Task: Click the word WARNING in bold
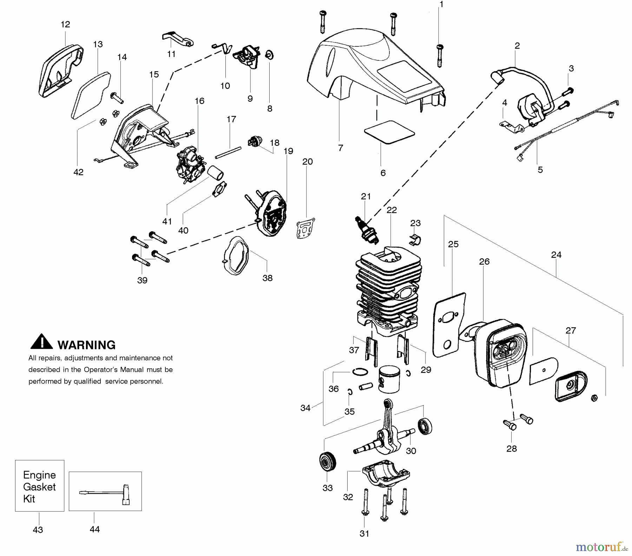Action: (x=86, y=345)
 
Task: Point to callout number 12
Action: (x=65, y=24)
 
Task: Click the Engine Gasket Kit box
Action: (x=40, y=486)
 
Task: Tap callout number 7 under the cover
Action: (x=340, y=148)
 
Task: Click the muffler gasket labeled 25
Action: (x=449, y=325)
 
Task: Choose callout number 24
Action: (x=556, y=254)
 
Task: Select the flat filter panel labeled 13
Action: (x=91, y=95)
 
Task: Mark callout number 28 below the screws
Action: (x=512, y=448)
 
